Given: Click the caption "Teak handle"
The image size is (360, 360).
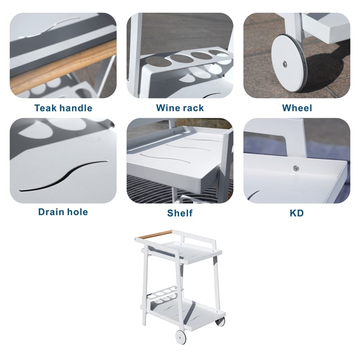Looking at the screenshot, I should pyautogui.click(x=63, y=108).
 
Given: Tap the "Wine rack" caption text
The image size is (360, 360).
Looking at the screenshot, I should pyautogui.click(x=180, y=108).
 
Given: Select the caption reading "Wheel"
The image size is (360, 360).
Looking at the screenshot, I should pyautogui.click(x=297, y=108).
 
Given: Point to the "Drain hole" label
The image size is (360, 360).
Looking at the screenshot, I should pyautogui.click(x=63, y=211).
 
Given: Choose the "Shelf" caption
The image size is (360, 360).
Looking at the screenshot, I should pyautogui.click(x=180, y=212).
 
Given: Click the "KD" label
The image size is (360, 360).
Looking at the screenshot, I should pyautogui.click(x=297, y=212).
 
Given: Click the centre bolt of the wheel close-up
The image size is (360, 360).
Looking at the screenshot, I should pyautogui.click(x=284, y=64).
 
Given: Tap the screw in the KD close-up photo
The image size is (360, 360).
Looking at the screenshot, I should pyautogui.click(x=296, y=168).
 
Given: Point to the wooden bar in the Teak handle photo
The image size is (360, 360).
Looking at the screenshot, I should pyautogui.click(x=63, y=67).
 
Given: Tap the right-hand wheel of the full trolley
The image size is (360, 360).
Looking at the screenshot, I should pyautogui.click(x=220, y=321).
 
